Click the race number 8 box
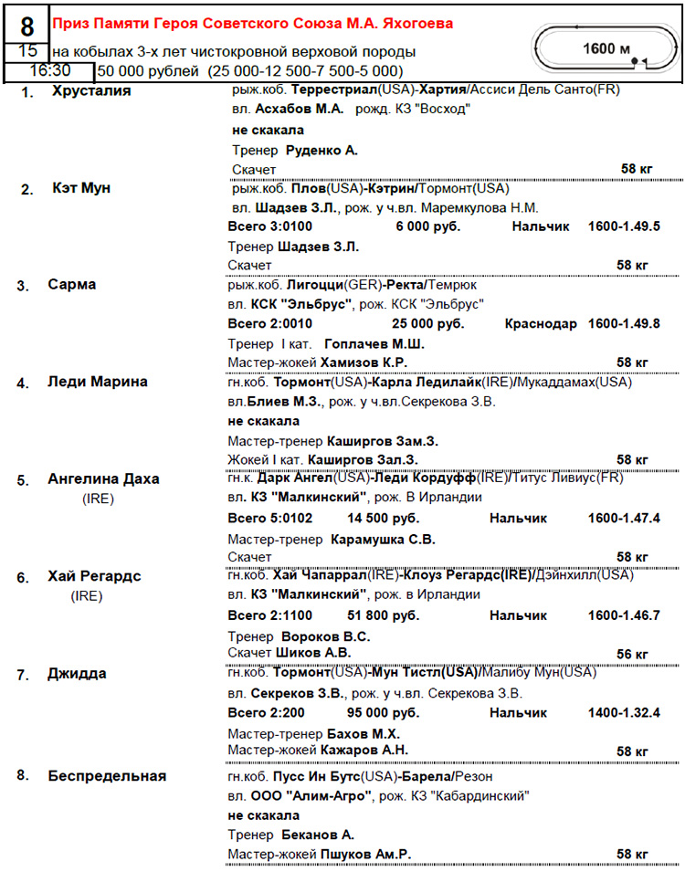pyautogui.click(x=26, y=25)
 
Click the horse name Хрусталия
pyautogui.click(x=91, y=91)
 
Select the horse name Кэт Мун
pyautogui.click(x=81, y=188)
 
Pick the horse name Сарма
pyautogui.click(x=71, y=285)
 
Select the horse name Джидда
pyautogui.click(x=77, y=674)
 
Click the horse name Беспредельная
pyautogui.click(x=108, y=776)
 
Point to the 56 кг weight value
pyautogui.click(x=632, y=654)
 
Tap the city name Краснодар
pyautogui.click(x=540, y=324)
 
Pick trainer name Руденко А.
pyautogui.click(x=321, y=150)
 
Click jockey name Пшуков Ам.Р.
pyautogui.click(x=366, y=854)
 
